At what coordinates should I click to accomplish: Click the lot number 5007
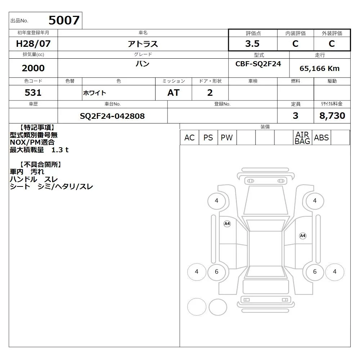64,20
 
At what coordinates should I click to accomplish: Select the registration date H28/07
33,44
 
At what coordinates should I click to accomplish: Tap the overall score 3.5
252,44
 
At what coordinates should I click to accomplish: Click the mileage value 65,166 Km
319,68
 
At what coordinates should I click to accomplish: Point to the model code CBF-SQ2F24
258,64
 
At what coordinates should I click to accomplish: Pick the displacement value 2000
33,68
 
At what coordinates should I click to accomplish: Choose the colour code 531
33,93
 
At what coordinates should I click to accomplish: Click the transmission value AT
174,93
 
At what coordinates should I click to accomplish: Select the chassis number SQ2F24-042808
112,116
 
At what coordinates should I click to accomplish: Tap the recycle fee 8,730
332,116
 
